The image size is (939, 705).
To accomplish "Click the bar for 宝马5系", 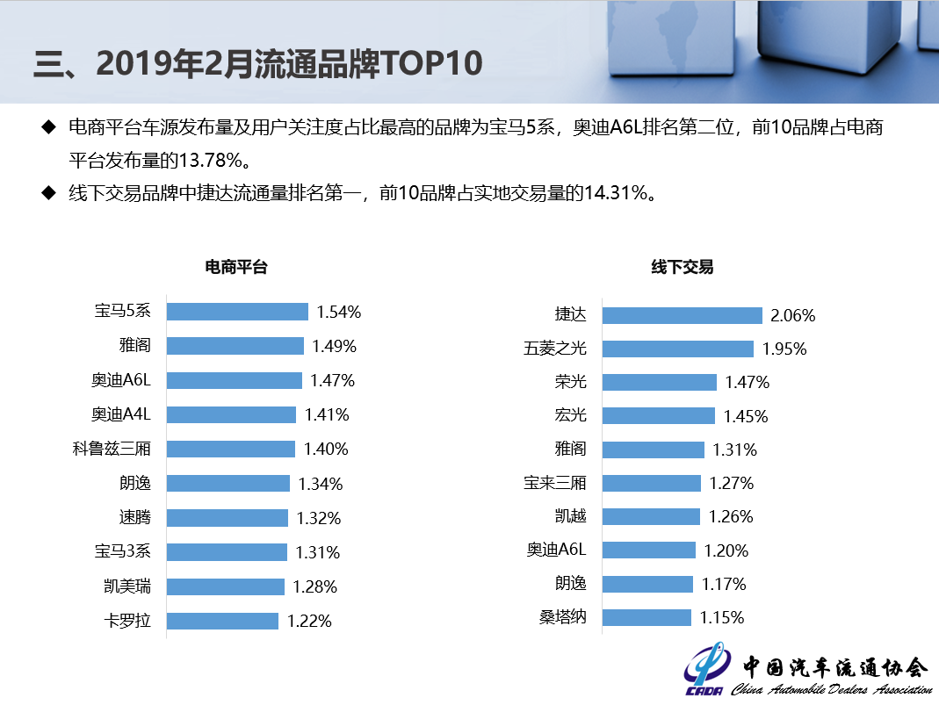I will click(x=237, y=312).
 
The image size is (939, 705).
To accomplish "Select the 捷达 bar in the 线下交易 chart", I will click(x=682, y=315).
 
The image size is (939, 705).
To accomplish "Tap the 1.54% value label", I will click(x=339, y=312).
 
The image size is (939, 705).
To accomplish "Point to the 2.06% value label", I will click(x=793, y=315).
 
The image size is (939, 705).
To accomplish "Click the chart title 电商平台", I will click(x=235, y=267).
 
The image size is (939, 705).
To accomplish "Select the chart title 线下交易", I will click(x=682, y=267).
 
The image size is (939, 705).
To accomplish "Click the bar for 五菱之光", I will click(x=677, y=349).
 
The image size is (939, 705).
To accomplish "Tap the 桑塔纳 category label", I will click(x=562, y=617).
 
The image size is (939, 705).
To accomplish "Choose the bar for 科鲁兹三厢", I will click(x=230, y=449).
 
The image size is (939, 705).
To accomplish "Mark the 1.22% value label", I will click(x=309, y=621).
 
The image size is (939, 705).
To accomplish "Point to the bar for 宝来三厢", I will click(x=651, y=483).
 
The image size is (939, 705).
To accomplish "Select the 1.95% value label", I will click(x=784, y=349).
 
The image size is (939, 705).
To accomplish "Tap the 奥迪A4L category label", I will click(x=120, y=414).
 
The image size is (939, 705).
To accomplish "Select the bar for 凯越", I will click(x=651, y=516).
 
